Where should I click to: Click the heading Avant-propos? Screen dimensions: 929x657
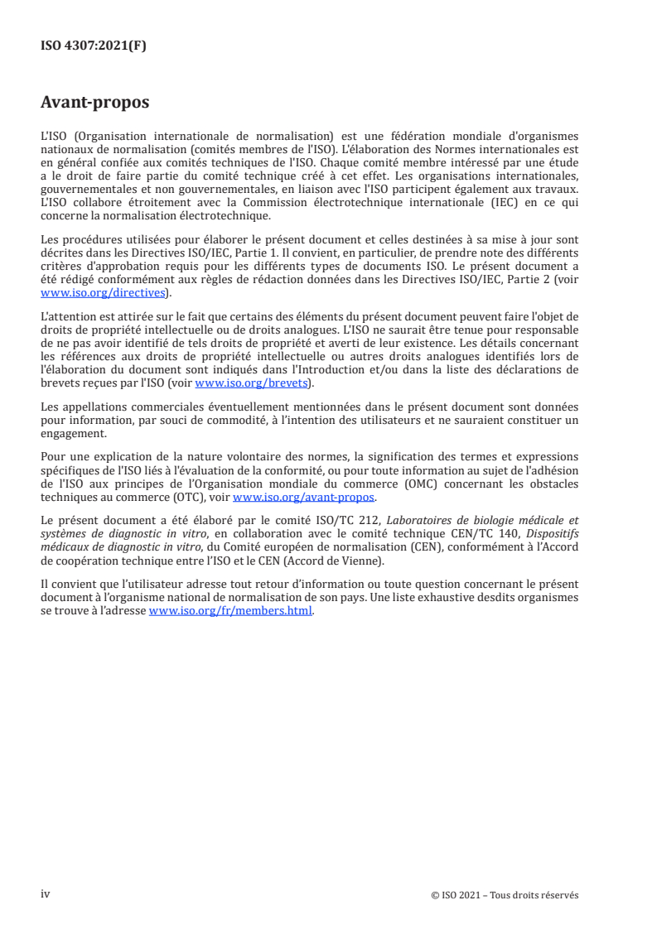(95, 103)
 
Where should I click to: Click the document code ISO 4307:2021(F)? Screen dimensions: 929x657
(94, 46)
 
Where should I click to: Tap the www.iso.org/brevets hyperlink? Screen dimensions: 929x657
(249, 383)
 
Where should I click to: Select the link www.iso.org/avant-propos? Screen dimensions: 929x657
(304, 497)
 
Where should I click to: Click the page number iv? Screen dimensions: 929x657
(46, 894)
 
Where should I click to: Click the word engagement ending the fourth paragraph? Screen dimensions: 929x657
(73, 432)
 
